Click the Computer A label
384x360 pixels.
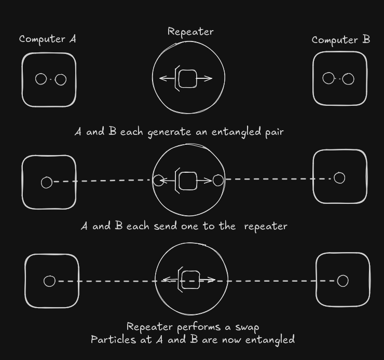pyautogui.click(x=48, y=39)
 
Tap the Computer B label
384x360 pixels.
pyautogui.click(x=340, y=40)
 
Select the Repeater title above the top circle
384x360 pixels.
pyautogui.click(x=190, y=32)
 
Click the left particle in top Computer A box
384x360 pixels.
pyautogui.click(x=41, y=79)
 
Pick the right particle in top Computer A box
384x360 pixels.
pyautogui.click(x=61, y=79)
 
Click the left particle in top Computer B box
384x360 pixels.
pyautogui.click(x=328, y=78)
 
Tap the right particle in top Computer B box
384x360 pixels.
pyautogui.click(x=348, y=79)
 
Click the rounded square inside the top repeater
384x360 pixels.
pyautogui.click(x=187, y=79)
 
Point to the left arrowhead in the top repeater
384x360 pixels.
pyautogui.click(x=161, y=79)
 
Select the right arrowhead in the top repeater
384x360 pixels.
pyautogui.click(x=209, y=79)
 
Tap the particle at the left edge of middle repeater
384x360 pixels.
pyautogui.click(x=158, y=181)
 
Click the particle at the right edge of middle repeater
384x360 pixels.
pyautogui.click(x=218, y=180)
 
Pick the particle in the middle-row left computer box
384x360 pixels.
pyautogui.click(x=47, y=183)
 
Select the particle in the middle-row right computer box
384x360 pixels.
pyautogui.click(x=339, y=178)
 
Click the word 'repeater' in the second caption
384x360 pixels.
pyautogui.click(x=266, y=226)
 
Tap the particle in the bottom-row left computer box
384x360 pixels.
pyautogui.click(x=49, y=281)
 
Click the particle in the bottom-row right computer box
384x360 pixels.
pyautogui.click(x=342, y=281)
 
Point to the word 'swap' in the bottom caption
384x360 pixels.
pyautogui.click(x=246, y=327)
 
